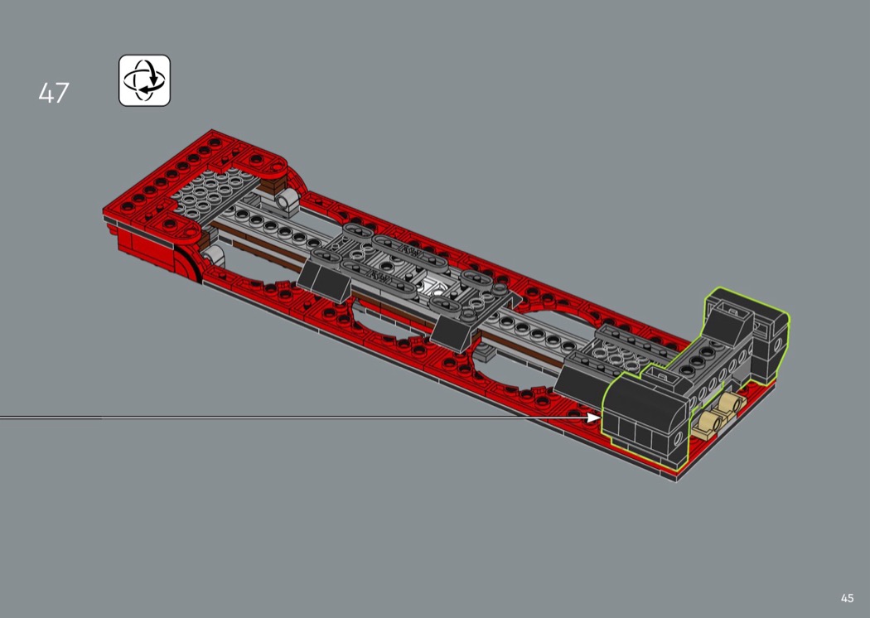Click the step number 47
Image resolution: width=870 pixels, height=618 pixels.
[54, 93]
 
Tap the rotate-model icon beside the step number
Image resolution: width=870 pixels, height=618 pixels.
[144, 80]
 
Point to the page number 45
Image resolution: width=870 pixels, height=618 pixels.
[847, 598]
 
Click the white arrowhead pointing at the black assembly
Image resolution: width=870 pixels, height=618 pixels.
[594, 418]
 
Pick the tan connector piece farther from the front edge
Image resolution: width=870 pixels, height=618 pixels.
[730, 406]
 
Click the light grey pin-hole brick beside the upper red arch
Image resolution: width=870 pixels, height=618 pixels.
[287, 200]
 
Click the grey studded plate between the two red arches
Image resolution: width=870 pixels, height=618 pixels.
[215, 191]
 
